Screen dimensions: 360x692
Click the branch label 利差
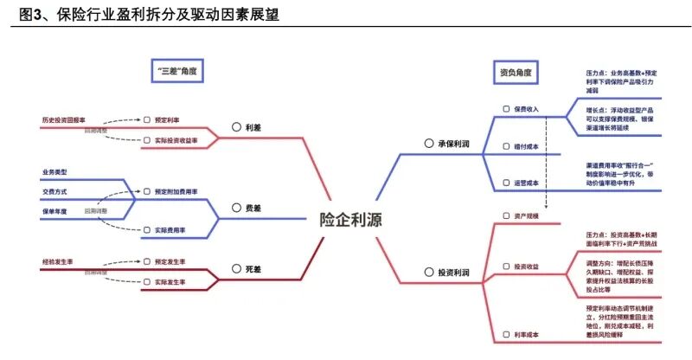253,126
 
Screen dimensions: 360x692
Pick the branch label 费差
253,209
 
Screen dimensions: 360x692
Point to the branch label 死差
253,270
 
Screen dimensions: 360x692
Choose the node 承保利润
453,143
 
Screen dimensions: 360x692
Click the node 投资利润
453,273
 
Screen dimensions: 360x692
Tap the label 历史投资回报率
64,119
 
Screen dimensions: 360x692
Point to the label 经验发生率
58,260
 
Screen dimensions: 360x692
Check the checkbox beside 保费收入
507,110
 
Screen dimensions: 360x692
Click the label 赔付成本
526,147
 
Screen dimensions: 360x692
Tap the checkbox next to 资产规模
507,215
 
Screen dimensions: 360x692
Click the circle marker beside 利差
236,126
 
